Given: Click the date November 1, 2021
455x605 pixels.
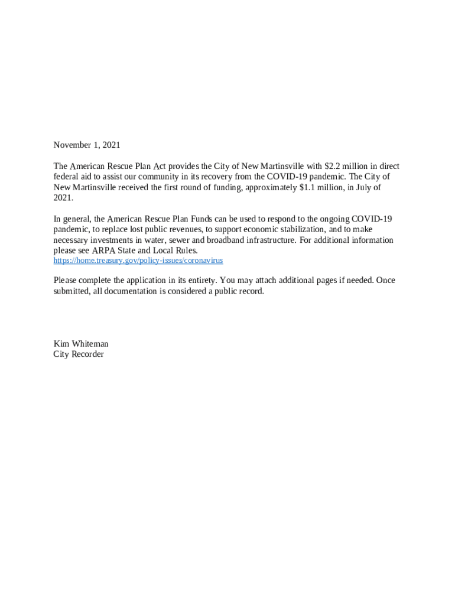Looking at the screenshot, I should [87, 145].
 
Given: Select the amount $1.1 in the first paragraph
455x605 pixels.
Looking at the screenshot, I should [302, 187].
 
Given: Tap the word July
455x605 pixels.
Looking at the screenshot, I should [359, 187].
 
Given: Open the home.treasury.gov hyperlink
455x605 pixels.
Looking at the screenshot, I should [138, 261].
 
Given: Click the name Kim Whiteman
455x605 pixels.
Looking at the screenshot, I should [81, 344].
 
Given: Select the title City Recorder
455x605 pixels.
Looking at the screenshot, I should [79, 354].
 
